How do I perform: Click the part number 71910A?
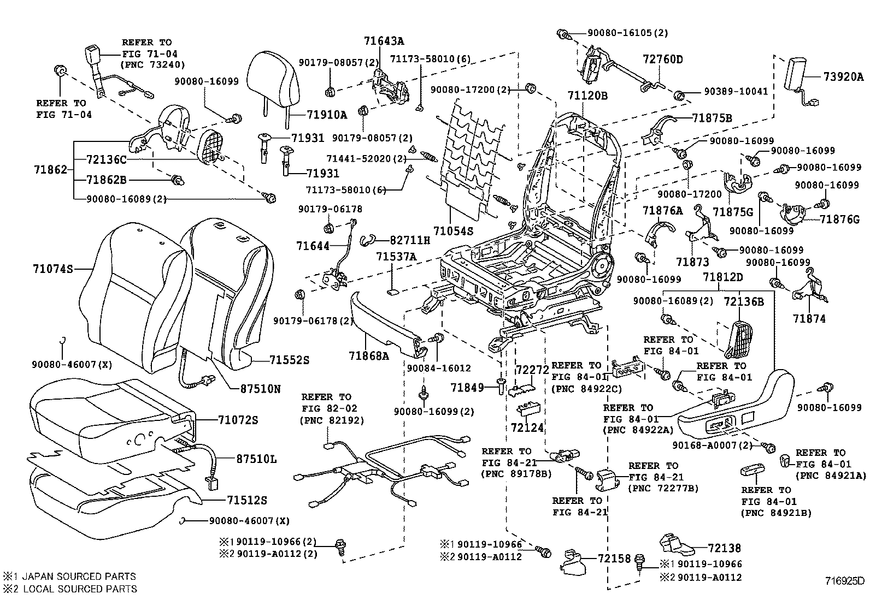[x=327, y=115]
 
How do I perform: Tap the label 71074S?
[x=52, y=269]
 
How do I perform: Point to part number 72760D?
[x=663, y=59]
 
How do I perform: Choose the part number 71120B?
[x=587, y=96]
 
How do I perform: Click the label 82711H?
[x=410, y=240]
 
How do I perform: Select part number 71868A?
[x=369, y=356]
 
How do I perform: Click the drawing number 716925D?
[x=845, y=580]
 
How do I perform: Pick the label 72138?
[x=725, y=548]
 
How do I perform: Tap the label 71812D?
[x=723, y=277]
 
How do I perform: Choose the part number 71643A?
[x=385, y=40]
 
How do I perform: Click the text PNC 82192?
[x=332, y=420]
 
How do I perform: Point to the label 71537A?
[x=397, y=257]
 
